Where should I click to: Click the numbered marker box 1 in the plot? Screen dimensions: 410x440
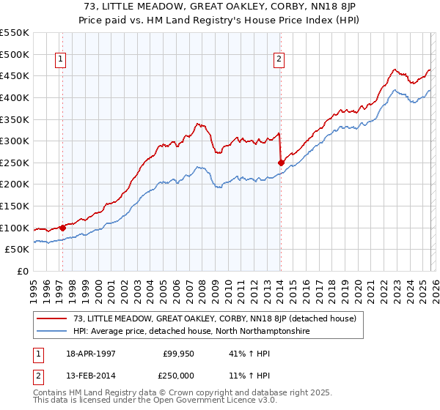point(60,61)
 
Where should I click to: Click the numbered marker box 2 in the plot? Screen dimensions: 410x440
point(279,61)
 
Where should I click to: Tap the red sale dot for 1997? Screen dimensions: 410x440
point(63,228)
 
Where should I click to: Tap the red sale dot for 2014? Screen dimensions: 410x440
point(281,163)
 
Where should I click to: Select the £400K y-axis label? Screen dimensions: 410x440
point(15,97)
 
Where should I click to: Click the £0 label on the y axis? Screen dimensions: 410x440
point(22,271)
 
